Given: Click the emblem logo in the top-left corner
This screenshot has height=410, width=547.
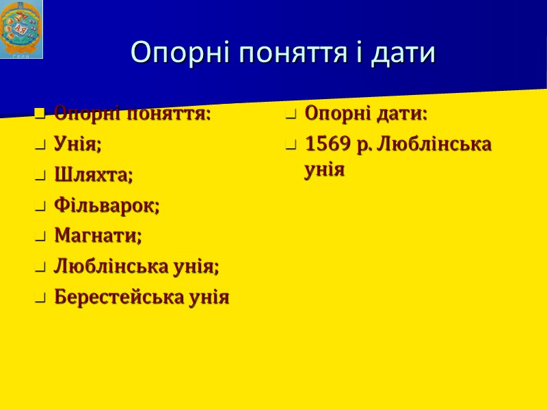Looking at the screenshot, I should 21,29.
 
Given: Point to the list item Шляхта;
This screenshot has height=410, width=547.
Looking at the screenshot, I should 94,175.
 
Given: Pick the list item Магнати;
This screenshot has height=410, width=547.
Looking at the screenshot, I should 98,236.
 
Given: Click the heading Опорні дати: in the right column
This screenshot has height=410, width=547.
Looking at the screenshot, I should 366,113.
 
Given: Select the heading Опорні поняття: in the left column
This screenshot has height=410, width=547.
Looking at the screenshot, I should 132,113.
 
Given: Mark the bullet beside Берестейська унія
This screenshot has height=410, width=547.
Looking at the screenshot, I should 40,298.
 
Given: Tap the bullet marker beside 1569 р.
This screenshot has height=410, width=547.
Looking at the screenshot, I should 291,146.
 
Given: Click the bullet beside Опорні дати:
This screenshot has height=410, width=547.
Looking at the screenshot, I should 291,114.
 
